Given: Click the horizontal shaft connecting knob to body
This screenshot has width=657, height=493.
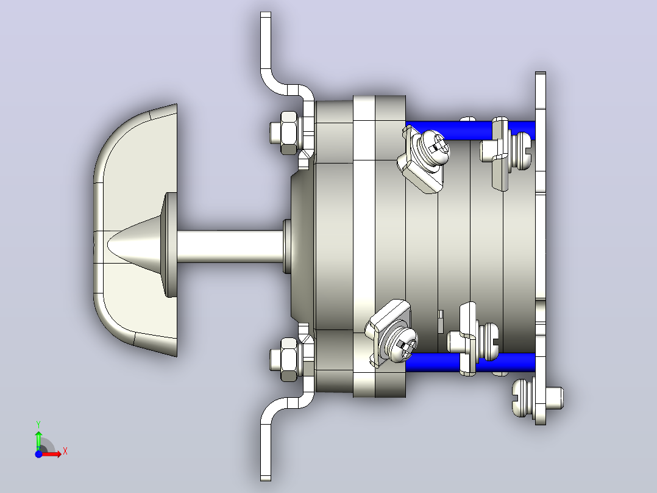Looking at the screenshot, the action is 230,246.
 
